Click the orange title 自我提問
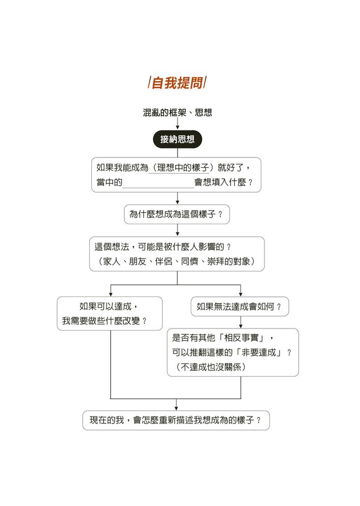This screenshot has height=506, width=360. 177,83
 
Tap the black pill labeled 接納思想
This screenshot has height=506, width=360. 177,139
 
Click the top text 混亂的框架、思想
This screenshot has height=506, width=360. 177,112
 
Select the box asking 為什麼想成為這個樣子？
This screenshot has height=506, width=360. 177,214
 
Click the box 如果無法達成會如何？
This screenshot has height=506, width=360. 239,307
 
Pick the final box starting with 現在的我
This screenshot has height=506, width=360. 176,420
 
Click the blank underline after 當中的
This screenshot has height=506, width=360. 158,187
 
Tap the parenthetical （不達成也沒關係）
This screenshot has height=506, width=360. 211,367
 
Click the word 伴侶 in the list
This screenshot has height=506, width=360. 163,261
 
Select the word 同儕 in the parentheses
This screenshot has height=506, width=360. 190,261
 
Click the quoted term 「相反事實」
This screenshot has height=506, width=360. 241,338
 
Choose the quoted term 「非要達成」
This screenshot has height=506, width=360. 258,352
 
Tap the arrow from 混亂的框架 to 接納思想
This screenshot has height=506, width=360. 177,123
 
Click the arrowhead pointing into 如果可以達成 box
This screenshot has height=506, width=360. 111,294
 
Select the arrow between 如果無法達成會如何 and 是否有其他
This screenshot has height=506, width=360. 241,322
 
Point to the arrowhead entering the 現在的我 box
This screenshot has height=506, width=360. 176,408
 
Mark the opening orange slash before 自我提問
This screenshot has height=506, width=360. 149,83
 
